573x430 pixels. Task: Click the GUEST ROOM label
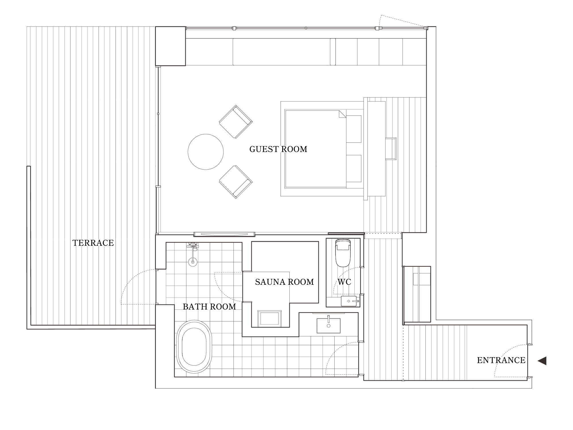pos(278,149)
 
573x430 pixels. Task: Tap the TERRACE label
pos(93,243)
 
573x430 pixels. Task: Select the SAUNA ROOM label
pos(284,282)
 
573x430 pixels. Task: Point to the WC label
pos(344,282)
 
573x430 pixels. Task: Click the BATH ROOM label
pos(209,307)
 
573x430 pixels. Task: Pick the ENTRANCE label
pos(501,360)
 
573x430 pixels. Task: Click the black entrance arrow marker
pos(542,361)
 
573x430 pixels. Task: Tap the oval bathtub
pos(194,347)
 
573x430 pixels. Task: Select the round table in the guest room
pos(206,152)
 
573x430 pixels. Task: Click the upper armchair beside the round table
pos(236,122)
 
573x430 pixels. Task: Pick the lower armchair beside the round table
pos(236,182)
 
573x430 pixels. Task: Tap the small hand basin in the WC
pos(349,301)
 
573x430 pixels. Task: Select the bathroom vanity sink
pos(329,326)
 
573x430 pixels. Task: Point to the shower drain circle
pos(193,262)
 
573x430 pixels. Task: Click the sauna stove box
pos(270,319)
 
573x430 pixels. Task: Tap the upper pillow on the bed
pos(354,129)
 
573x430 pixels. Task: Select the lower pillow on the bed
pos(354,168)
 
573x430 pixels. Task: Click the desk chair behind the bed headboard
pos(391,149)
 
